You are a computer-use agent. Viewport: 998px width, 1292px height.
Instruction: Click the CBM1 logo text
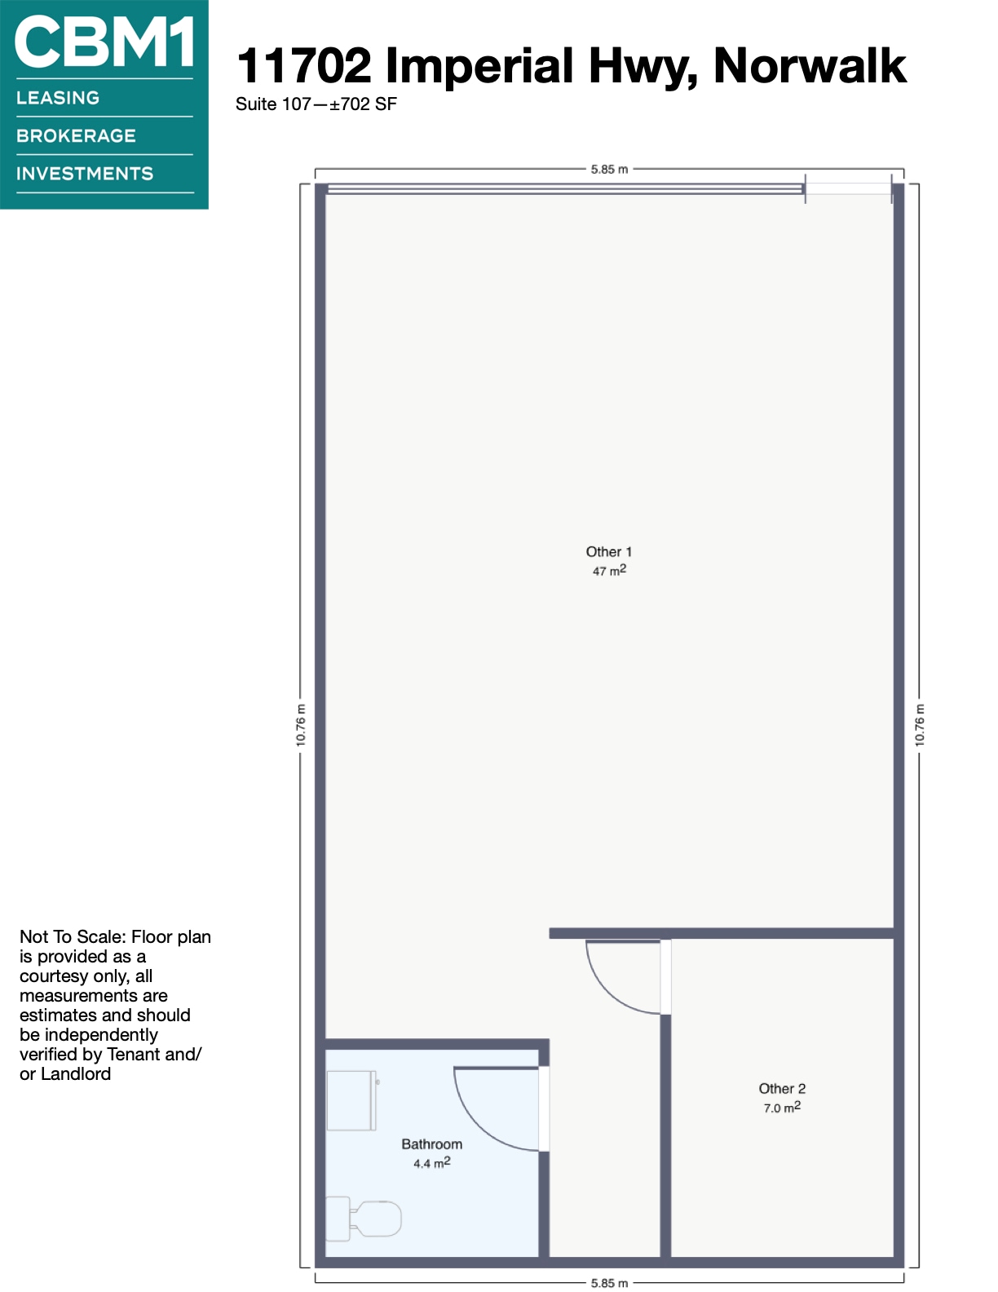click(x=104, y=42)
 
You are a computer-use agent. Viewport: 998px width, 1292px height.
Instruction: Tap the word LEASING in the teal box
click(x=58, y=98)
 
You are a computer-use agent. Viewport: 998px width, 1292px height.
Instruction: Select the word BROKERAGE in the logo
click(x=76, y=135)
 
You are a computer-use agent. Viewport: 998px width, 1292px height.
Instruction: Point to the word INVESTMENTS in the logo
click(x=85, y=174)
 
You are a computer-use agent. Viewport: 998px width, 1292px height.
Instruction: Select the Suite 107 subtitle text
click(x=273, y=104)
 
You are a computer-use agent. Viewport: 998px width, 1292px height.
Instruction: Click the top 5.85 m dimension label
click(x=609, y=170)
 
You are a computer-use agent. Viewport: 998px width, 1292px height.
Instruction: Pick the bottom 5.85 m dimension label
click(x=609, y=1283)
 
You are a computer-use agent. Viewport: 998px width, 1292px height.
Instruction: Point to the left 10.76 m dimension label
click(x=301, y=725)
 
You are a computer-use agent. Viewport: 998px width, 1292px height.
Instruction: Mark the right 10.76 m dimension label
click(x=920, y=725)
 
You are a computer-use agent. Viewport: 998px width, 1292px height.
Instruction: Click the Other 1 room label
click(x=609, y=551)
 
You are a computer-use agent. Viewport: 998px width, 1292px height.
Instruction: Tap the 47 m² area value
click(x=609, y=571)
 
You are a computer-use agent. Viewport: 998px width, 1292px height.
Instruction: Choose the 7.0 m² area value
click(x=782, y=1108)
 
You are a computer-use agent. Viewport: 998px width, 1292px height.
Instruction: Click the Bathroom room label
click(x=431, y=1144)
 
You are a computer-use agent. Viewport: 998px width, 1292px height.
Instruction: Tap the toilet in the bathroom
click(x=363, y=1219)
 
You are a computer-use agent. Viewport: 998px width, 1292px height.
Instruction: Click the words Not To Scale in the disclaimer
click(x=73, y=937)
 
